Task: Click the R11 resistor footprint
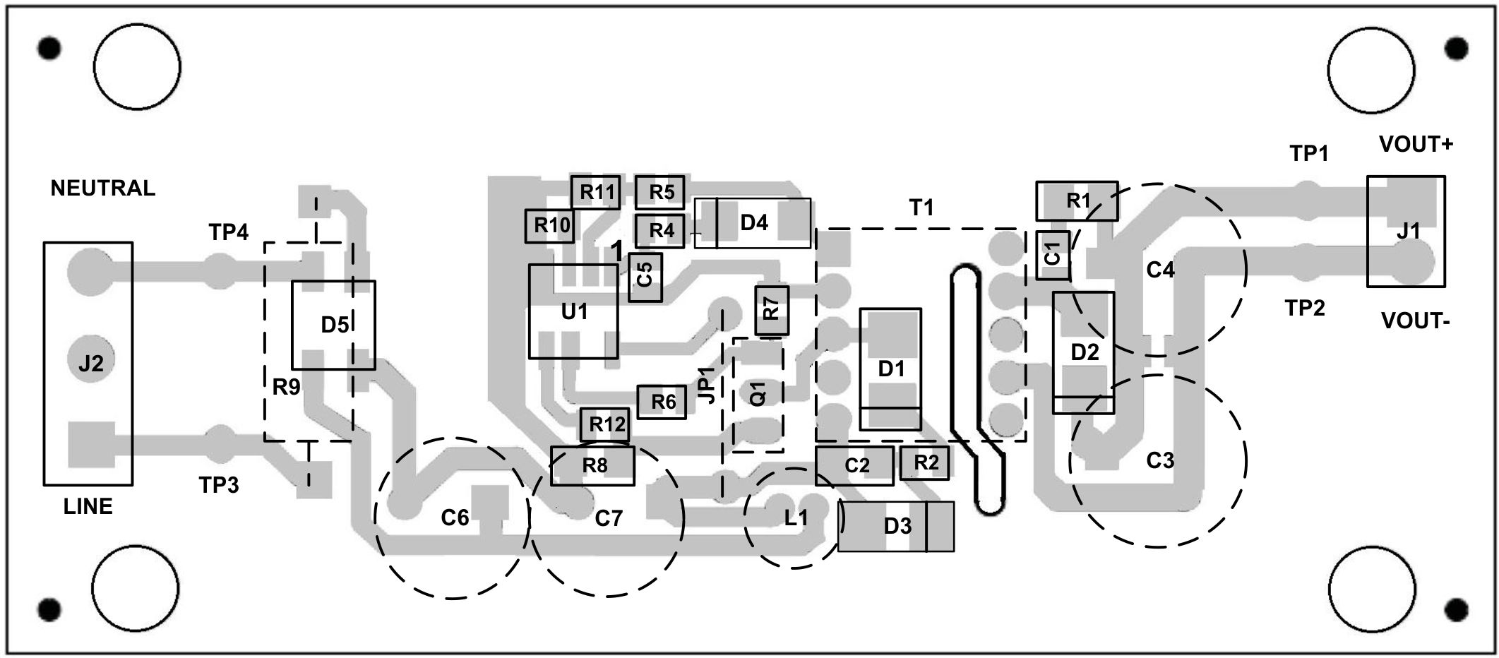point(596,192)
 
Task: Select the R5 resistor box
point(659,192)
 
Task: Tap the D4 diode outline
point(753,223)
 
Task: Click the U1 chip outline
point(573,311)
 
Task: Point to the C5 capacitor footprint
point(645,277)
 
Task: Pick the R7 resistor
point(772,311)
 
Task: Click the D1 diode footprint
point(890,369)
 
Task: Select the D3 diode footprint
point(896,526)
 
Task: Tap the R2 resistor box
point(925,463)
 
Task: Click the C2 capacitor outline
point(854,465)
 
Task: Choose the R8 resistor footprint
point(593,466)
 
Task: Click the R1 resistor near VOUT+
point(1077,201)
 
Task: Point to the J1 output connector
point(1406,232)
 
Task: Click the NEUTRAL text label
point(103,189)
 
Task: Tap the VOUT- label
point(1415,321)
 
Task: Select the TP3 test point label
point(219,485)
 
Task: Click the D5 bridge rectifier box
point(334,325)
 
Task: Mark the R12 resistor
point(605,424)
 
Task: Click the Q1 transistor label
point(758,394)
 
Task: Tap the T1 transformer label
point(921,208)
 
